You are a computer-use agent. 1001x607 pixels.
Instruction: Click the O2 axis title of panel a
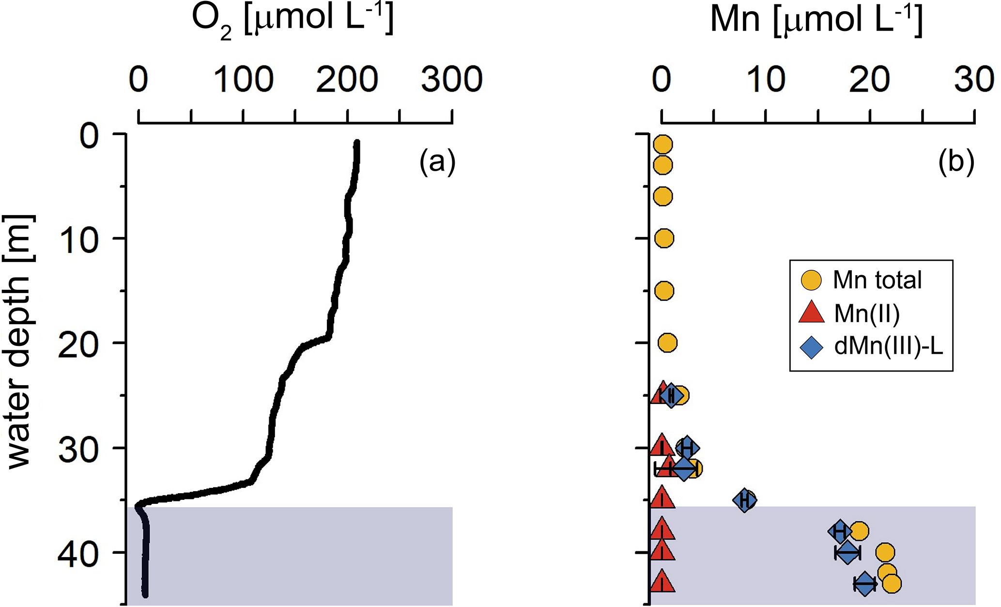pos(293,20)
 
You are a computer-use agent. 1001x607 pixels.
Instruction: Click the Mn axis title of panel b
pos(816,20)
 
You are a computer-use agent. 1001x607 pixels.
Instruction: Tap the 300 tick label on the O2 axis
pos(451,79)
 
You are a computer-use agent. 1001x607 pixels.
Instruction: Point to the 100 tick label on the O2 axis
pos(243,79)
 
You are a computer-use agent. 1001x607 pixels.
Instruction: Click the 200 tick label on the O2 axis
pos(347,79)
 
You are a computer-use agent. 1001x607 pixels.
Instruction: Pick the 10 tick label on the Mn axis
pos(766,79)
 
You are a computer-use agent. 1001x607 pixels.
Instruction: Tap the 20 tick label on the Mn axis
pos(870,79)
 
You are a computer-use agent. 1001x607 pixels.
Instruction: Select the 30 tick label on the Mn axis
pos(974,79)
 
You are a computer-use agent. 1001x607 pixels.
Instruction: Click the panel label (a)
pos(437,162)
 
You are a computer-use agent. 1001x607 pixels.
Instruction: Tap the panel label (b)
pos(956,162)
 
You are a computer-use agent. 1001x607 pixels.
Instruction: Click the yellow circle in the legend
pos(811,280)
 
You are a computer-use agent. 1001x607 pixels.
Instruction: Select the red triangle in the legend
pos(811,313)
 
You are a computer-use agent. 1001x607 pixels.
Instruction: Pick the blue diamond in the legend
pos(811,347)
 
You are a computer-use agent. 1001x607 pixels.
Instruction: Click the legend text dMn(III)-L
pos(889,347)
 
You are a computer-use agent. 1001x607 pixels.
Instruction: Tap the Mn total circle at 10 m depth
pos(664,238)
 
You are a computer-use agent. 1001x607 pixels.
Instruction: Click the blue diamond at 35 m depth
pos(744,500)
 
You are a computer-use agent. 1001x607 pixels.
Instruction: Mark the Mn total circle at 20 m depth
pos(667,343)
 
